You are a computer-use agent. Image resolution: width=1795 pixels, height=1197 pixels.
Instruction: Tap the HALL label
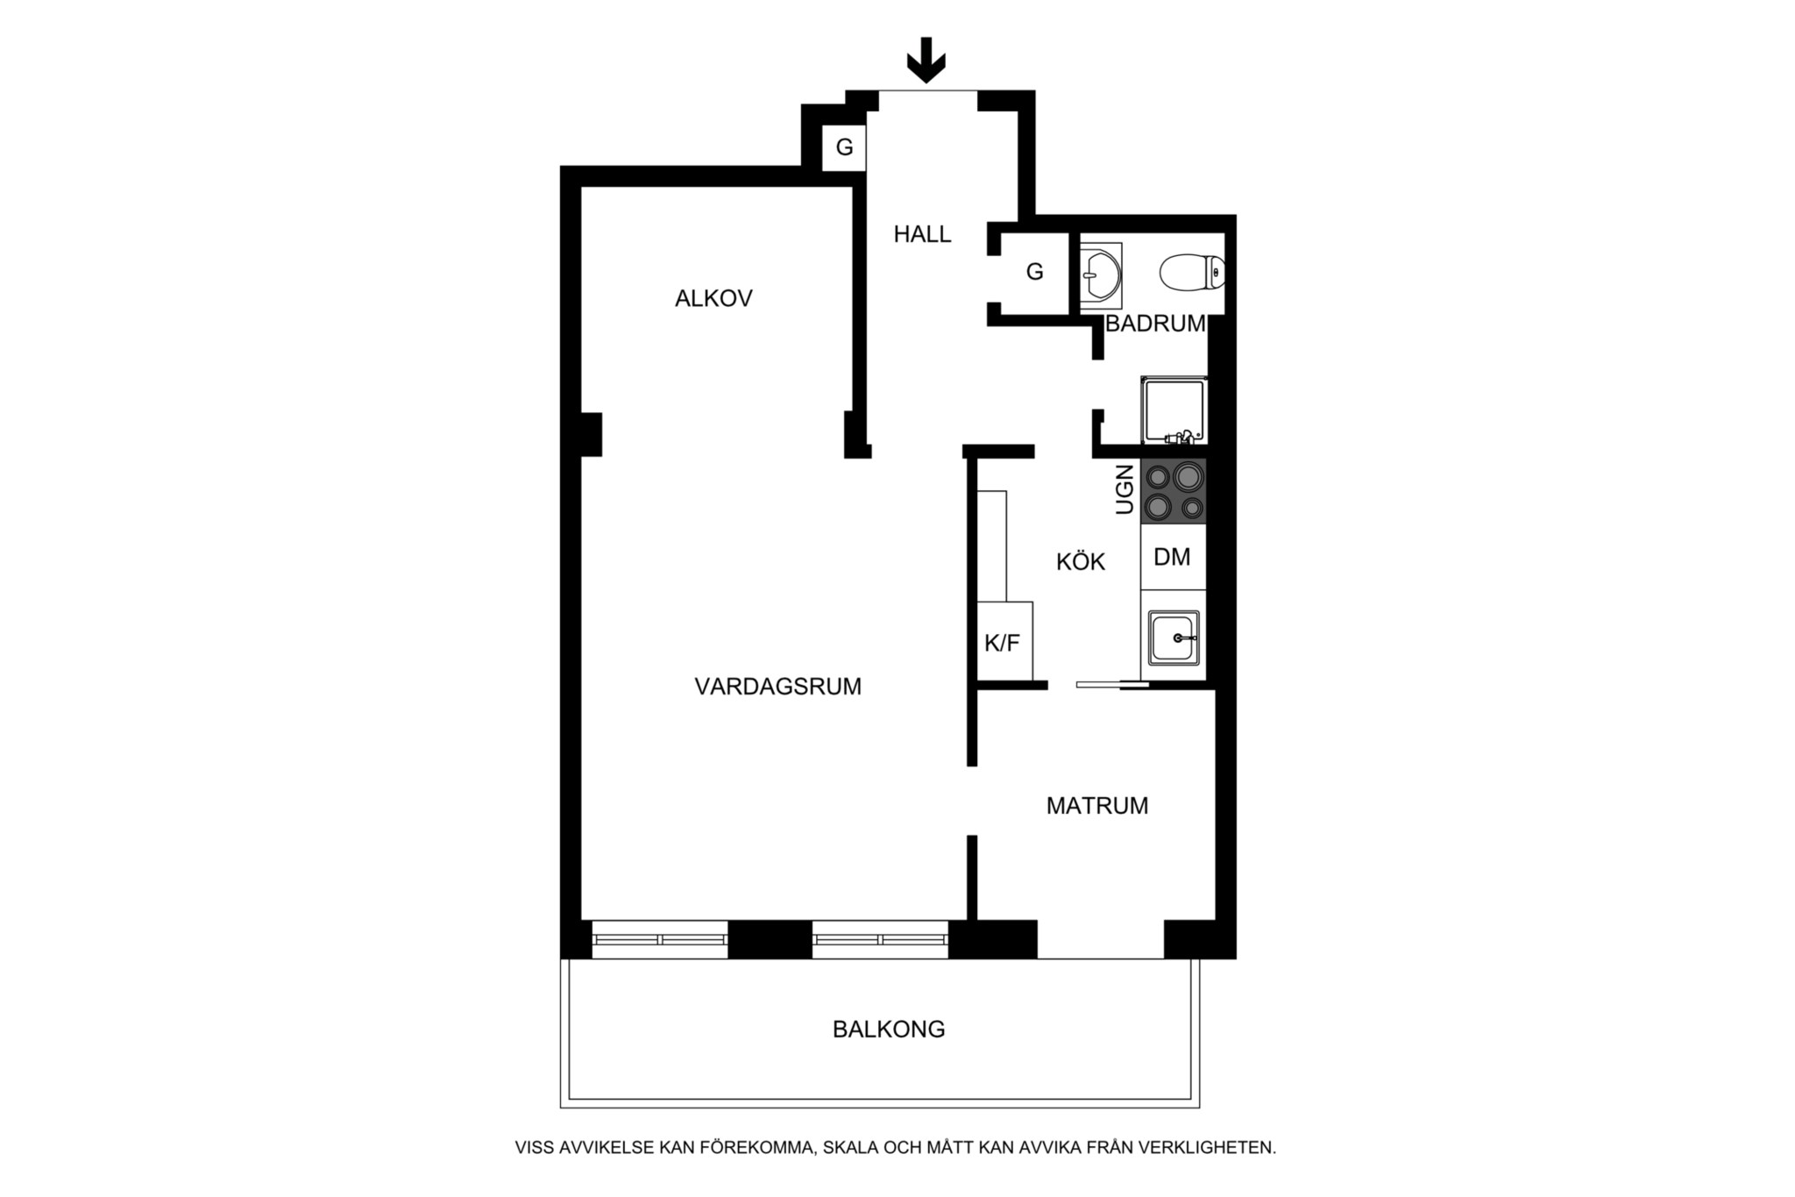(922, 234)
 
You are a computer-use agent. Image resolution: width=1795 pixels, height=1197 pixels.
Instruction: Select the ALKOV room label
(713, 298)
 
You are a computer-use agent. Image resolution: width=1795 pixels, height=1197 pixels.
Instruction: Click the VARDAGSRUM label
(778, 686)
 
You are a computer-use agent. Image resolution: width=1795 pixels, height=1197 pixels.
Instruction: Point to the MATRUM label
(1097, 805)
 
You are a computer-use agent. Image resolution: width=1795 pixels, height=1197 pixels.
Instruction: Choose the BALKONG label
(889, 1029)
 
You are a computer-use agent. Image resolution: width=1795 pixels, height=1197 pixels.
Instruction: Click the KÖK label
(1081, 561)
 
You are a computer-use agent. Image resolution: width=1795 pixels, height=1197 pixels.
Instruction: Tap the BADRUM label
(1155, 324)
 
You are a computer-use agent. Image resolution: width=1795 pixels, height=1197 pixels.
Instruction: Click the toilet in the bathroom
(1192, 273)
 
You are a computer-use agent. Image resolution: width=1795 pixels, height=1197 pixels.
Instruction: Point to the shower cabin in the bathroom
(1174, 410)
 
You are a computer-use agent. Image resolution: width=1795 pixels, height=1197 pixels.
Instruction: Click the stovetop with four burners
(1174, 491)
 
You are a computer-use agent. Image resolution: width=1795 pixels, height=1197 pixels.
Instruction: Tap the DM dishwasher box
(1174, 557)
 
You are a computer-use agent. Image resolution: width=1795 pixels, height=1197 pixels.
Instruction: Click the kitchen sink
(1174, 638)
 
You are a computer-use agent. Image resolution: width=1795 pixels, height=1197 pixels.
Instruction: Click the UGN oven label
(1125, 489)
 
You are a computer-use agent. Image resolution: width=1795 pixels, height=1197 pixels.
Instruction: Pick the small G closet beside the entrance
(844, 147)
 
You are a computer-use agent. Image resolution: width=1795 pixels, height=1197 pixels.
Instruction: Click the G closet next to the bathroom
(1035, 272)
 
